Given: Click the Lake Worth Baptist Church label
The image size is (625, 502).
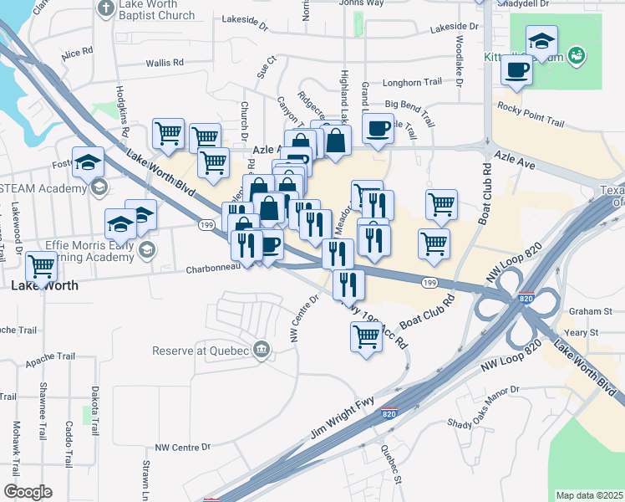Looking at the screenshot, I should tap(156, 9).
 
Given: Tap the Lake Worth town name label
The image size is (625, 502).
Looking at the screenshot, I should tap(45, 285).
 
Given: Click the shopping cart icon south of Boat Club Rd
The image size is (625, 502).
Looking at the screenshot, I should tap(366, 337).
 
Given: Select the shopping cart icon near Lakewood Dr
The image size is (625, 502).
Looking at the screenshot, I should tap(41, 267).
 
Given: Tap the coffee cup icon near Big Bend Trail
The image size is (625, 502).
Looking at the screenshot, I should tap(379, 130).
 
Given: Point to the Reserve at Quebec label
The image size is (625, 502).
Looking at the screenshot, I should tap(201, 351).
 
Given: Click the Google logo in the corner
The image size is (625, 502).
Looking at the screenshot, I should tap(28, 492).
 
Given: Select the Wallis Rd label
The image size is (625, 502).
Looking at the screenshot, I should tap(165, 63).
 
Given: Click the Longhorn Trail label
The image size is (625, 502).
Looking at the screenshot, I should tap(411, 83).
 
